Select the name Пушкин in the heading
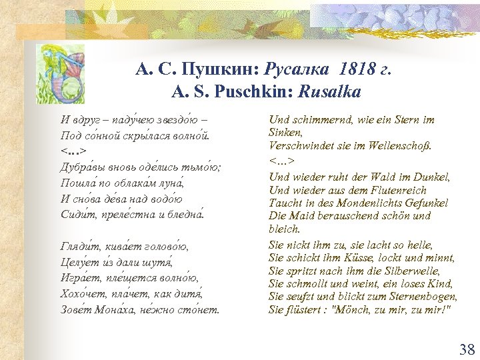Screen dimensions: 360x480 coord(223,68)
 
